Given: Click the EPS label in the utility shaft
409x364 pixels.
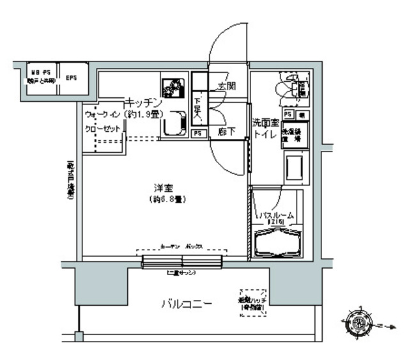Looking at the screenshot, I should tap(70, 79).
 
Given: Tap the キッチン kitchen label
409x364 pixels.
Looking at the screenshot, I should tap(144, 102).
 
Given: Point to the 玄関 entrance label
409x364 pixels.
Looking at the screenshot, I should tap(227, 86).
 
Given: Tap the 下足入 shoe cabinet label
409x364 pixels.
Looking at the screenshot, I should tap(197, 109).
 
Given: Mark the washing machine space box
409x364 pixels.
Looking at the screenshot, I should tap(296, 134).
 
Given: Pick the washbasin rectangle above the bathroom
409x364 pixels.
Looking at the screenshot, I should tap(296, 170).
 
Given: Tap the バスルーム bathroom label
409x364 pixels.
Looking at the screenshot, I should tap(277, 216).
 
